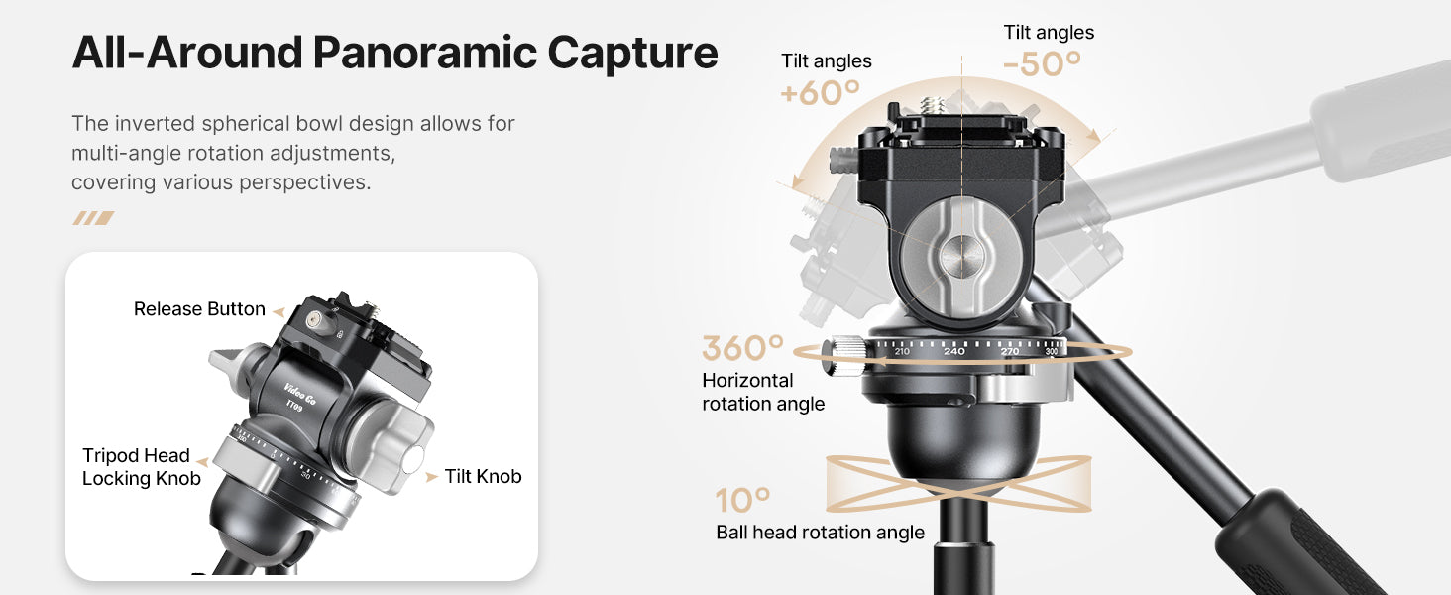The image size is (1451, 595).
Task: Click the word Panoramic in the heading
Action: point(425,53)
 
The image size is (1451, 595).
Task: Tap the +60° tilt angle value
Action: point(821,93)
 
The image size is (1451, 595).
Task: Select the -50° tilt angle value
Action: point(1043,64)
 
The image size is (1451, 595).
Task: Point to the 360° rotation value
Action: point(743,348)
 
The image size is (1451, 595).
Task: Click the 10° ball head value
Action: point(743,501)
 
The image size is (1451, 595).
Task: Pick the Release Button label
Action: point(199,309)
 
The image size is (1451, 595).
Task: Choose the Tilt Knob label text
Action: point(484,476)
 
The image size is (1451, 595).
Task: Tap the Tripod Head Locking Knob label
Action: point(141,467)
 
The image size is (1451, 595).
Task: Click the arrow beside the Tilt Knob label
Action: point(431,477)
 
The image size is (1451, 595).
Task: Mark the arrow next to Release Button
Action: point(279,311)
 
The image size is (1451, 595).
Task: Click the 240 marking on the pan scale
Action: point(954,351)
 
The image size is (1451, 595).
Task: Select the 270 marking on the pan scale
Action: point(1010,351)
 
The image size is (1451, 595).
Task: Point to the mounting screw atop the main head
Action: point(932,106)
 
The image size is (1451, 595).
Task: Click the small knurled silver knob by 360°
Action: point(844,356)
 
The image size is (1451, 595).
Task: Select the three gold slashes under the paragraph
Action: point(93,218)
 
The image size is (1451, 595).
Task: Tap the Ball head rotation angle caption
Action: point(820,533)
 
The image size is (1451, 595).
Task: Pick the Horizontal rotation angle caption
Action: point(763,392)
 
